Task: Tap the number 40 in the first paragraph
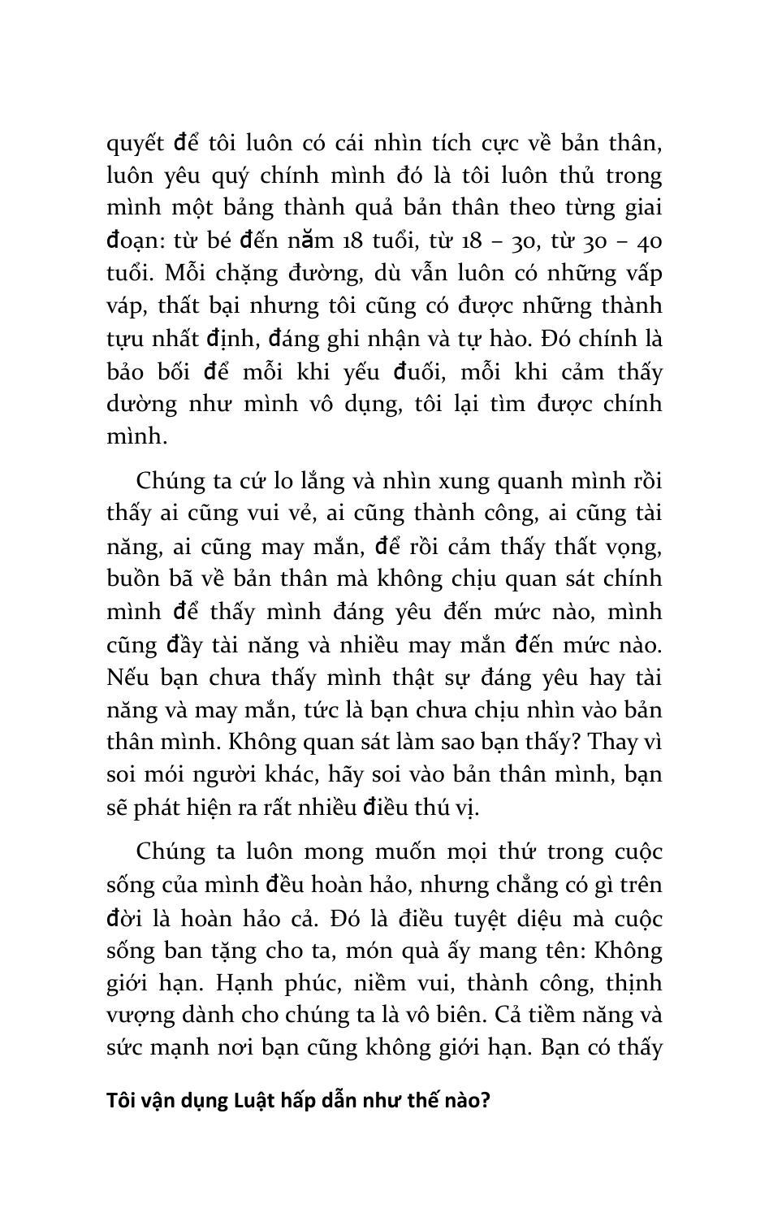646,241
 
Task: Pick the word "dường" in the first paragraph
140,405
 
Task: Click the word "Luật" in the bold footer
258,1102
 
